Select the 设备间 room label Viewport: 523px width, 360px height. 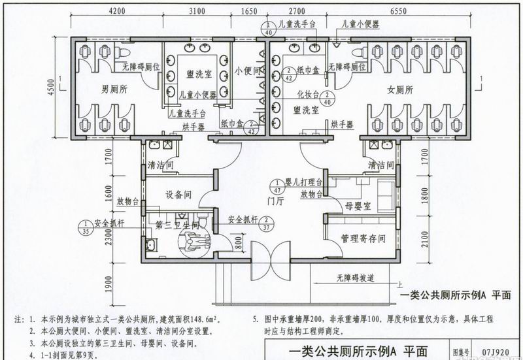(178, 194)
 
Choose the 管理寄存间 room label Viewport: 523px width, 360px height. (359, 240)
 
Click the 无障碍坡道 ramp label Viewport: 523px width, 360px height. (356, 278)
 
